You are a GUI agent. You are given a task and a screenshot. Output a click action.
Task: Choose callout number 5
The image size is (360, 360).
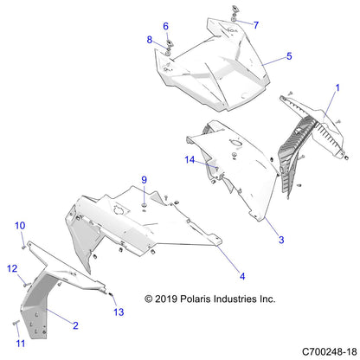tap(289, 56)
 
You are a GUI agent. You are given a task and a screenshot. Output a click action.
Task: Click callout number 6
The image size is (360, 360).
tap(166, 26)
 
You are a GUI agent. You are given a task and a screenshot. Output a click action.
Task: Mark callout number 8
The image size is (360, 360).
tap(149, 40)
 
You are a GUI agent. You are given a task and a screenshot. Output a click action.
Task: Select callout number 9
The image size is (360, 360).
tap(145, 180)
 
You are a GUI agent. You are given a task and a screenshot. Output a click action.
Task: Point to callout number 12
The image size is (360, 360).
tap(12, 268)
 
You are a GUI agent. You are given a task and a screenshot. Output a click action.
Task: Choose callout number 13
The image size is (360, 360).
tap(119, 312)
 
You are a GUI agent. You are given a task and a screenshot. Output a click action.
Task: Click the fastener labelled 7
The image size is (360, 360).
tap(235, 12)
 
